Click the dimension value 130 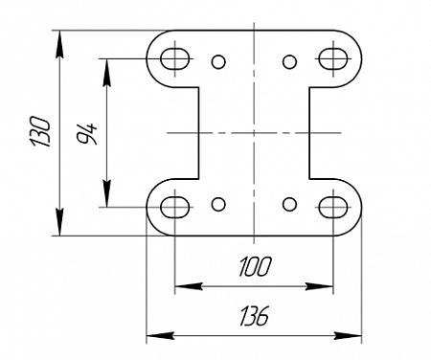tap(41, 131)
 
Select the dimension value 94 tap(86, 133)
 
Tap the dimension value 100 tap(255, 266)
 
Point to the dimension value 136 tap(255, 316)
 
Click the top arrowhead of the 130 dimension tap(59, 44)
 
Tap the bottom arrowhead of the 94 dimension tap(107, 193)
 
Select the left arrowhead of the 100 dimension tap(189, 286)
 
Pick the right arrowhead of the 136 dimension tap(348, 336)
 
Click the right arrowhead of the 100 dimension tap(319, 286)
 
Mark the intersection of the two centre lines tap(254, 132)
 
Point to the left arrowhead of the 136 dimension tap(160, 336)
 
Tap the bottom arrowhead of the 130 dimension tap(59, 222)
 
